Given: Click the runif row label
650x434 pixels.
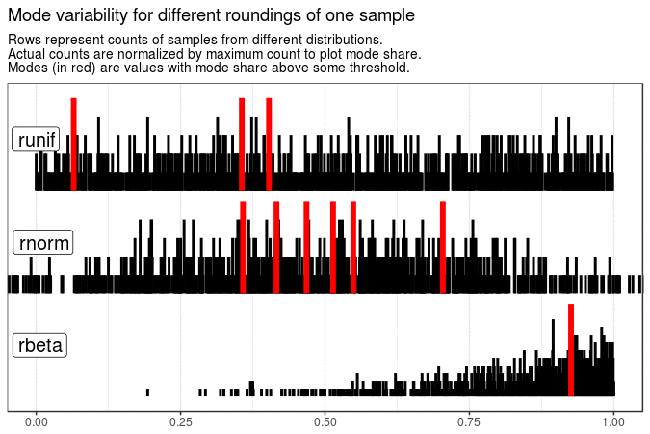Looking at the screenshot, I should click(37, 140).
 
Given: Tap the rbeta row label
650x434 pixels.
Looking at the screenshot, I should click(39, 345).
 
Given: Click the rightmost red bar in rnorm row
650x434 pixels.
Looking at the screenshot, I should click(443, 246).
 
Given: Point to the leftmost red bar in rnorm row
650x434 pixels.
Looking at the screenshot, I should click(243, 246).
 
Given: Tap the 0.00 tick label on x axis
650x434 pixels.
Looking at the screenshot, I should click(36, 421).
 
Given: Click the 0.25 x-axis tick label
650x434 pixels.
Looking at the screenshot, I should click(180, 421).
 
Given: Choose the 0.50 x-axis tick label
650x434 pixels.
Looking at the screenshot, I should click(325, 421).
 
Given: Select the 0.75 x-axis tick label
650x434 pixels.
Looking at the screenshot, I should click(469, 421).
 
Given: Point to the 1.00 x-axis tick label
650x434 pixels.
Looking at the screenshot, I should click(613, 421).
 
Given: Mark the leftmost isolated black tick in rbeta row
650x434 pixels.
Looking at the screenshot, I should click(147, 392).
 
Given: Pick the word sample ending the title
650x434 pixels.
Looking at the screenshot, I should click(388, 16).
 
